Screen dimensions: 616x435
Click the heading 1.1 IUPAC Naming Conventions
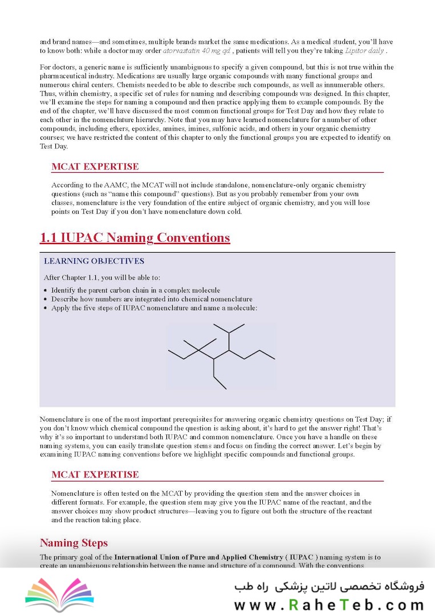(x=135, y=237)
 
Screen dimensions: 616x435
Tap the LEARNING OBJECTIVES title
(x=94, y=261)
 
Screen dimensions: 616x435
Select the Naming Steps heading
(x=74, y=542)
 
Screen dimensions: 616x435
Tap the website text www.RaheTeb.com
(x=329, y=605)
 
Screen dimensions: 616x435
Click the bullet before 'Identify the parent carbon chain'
(x=46, y=290)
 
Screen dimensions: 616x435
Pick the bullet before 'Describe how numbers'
(x=46, y=299)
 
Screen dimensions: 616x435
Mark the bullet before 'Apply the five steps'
(x=46, y=308)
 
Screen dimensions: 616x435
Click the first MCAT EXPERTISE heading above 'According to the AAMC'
(x=95, y=167)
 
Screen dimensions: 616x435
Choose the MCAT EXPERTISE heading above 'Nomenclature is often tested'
(x=95, y=475)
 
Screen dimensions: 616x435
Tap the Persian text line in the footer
(x=329, y=586)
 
